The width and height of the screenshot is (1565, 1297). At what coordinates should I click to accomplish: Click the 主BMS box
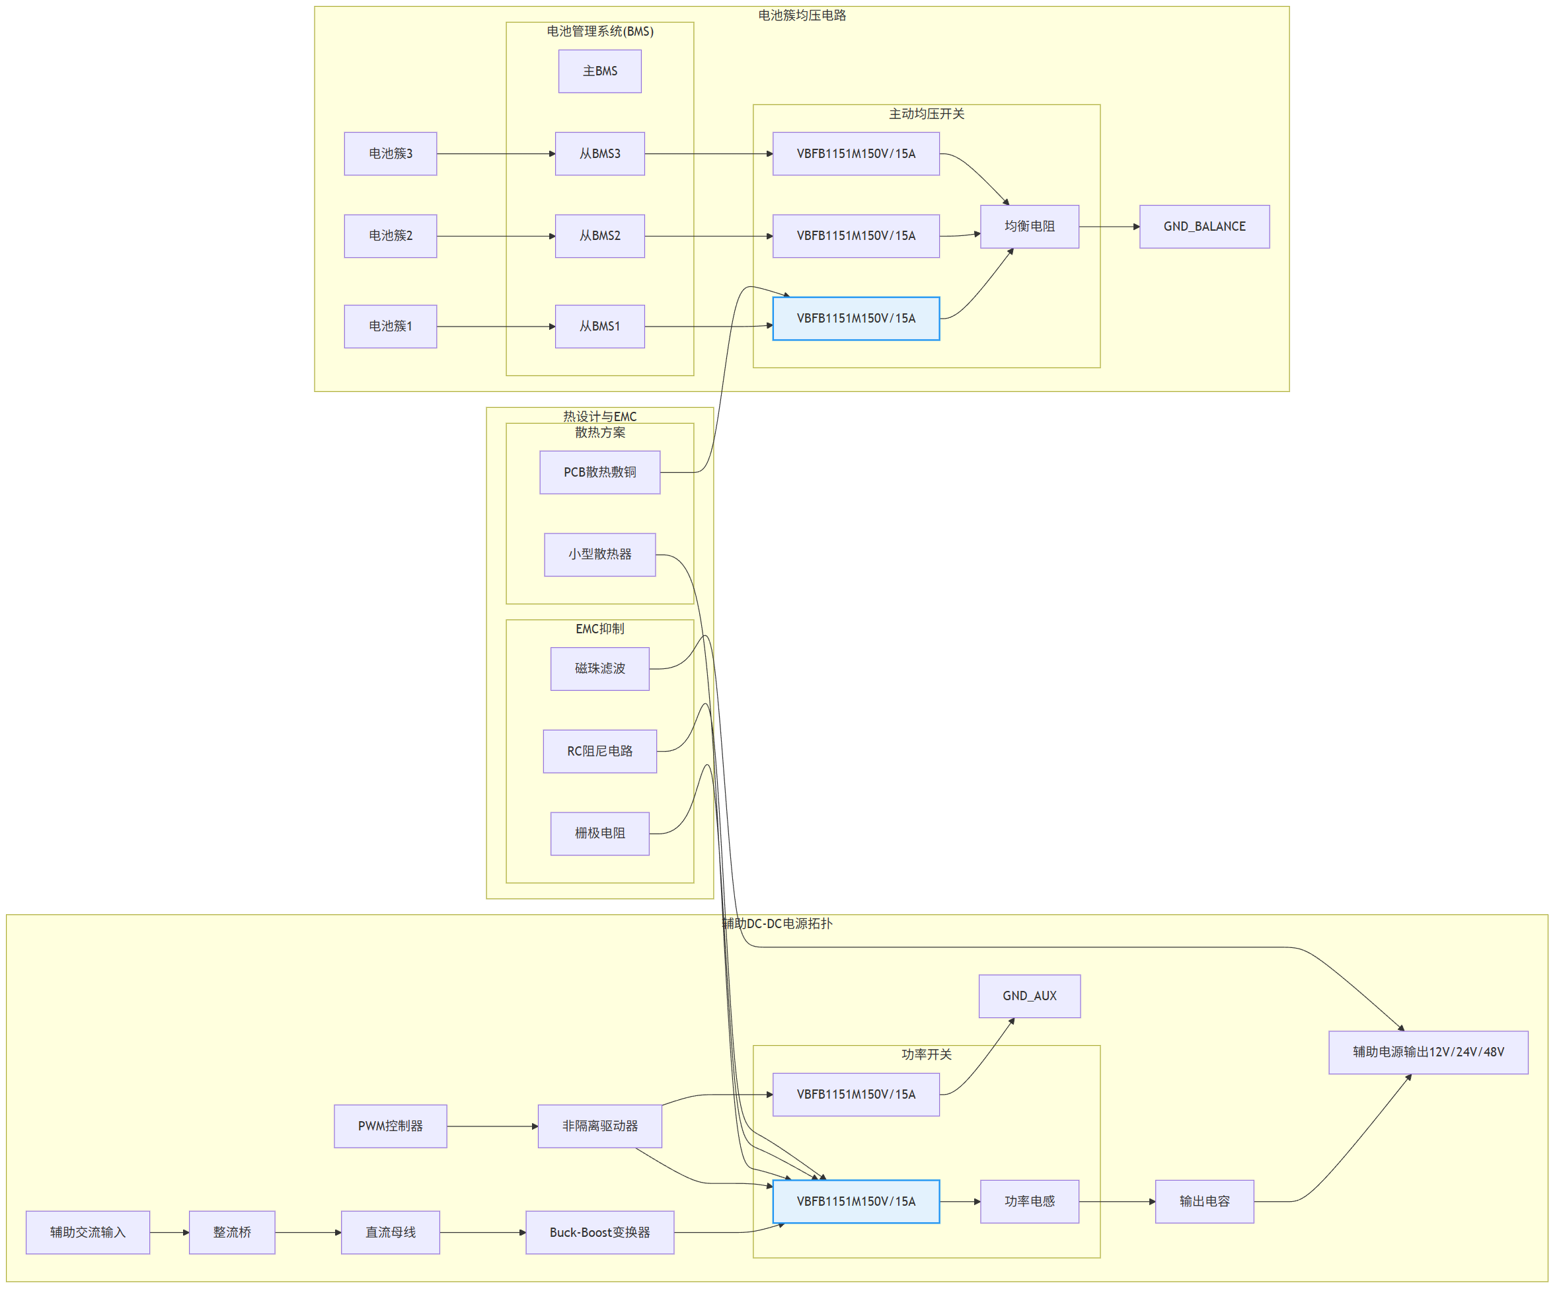point(600,71)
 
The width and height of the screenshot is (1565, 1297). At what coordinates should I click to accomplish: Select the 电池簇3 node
point(391,153)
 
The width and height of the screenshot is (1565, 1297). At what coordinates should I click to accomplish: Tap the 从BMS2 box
point(600,236)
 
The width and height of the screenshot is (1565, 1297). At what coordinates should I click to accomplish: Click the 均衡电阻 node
point(1029,227)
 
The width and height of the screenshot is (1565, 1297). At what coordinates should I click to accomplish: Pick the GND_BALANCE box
point(1204,227)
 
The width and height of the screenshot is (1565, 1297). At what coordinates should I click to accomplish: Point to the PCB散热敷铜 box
point(600,472)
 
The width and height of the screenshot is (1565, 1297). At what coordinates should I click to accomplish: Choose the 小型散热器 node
point(600,555)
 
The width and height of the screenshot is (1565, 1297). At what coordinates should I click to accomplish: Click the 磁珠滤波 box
point(600,668)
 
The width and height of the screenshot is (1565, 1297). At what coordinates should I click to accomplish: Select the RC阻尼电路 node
point(600,752)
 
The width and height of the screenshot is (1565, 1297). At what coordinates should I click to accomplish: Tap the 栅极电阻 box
point(600,834)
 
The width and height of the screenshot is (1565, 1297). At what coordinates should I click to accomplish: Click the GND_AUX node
point(1029,996)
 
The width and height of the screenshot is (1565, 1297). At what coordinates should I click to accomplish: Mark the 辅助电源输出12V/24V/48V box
point(1428,1052)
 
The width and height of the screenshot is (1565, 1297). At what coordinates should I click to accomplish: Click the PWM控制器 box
point(391,1126)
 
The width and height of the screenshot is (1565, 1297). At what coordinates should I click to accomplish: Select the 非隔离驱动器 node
point(600,1126)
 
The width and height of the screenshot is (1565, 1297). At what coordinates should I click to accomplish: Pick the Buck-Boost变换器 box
point(600,1232)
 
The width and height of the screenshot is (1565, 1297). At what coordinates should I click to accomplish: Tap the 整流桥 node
point(232,1232)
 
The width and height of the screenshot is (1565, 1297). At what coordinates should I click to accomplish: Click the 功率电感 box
point(1029,1202)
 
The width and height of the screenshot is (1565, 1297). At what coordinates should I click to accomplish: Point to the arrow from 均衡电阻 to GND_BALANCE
point(1110,227)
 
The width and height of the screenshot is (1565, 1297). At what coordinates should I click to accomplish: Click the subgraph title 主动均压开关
point(927,114)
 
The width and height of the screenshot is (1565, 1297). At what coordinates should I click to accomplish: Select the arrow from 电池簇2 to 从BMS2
point(496,236)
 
